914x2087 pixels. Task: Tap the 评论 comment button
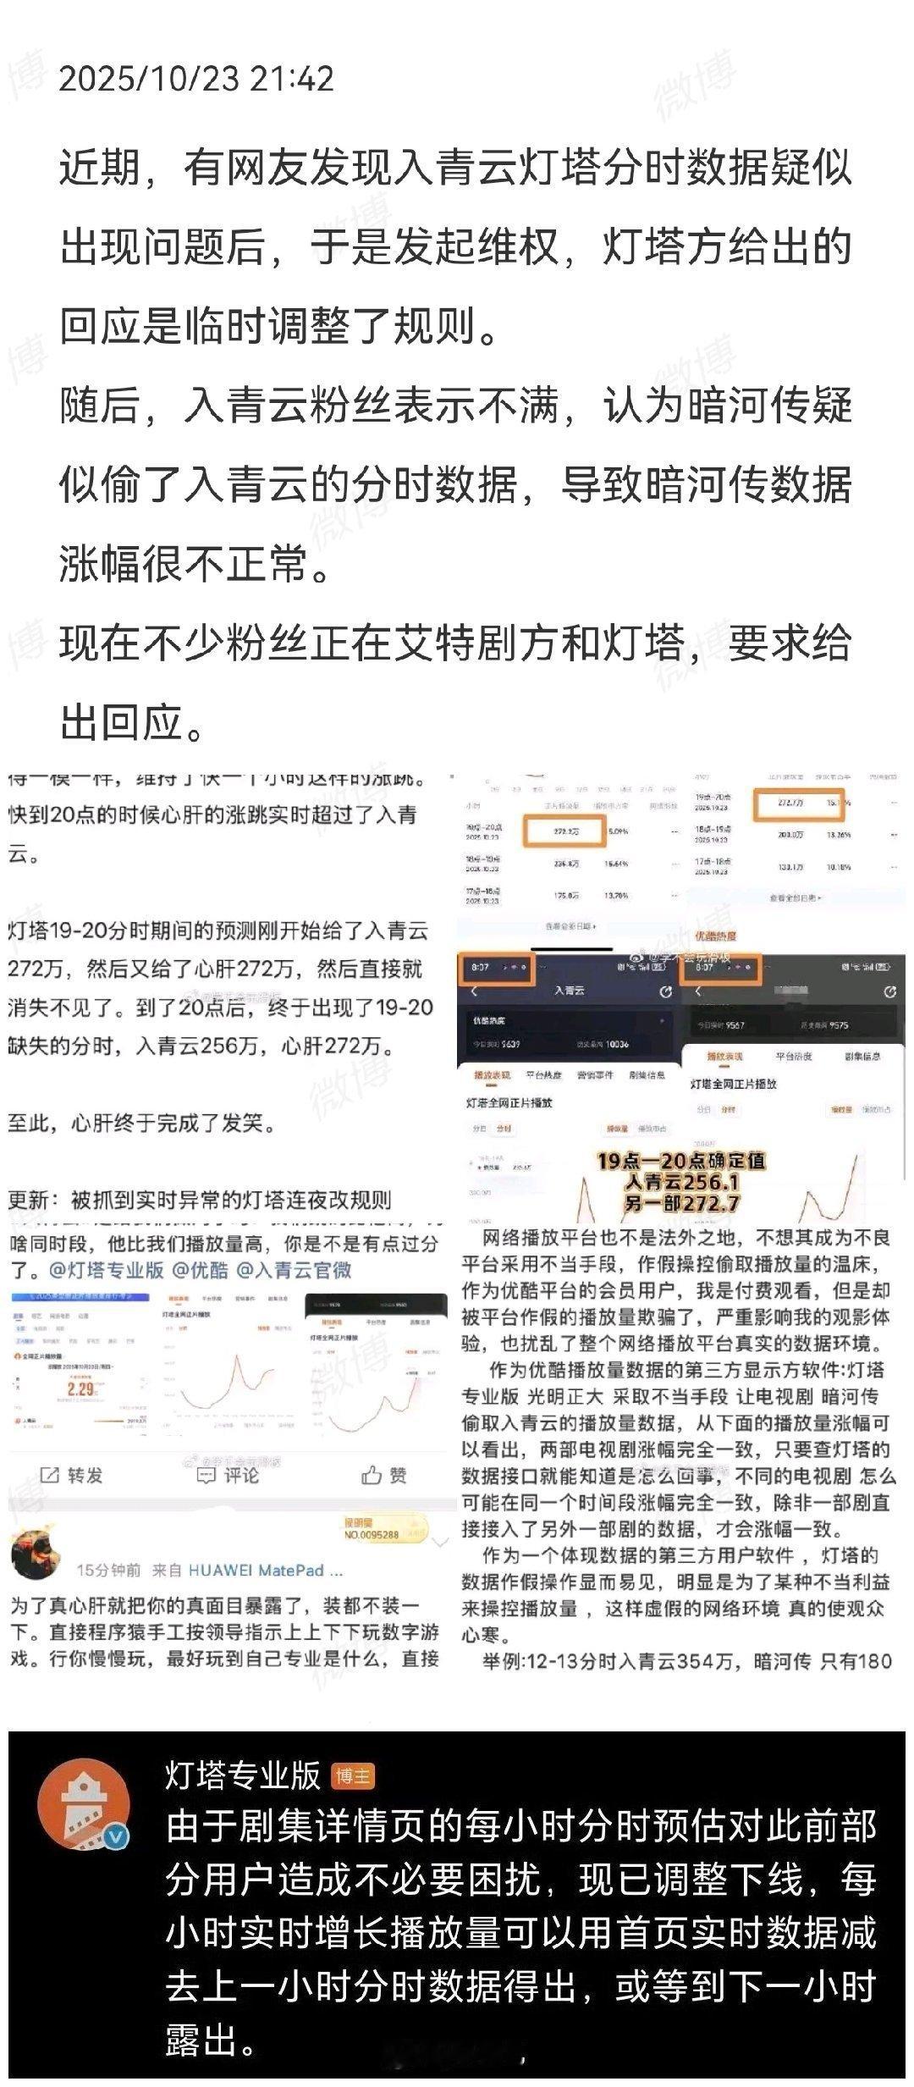click(228, 1476)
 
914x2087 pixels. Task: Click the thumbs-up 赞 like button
click(384, 1476)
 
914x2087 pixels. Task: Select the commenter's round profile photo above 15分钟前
click(34, 1554)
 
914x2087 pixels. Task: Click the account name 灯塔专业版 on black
click(243, 1775)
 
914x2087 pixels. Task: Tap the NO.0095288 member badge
click(372, 1534)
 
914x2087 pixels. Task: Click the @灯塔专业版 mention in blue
click(106, 1270)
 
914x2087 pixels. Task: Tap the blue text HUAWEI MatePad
click(265, 1570)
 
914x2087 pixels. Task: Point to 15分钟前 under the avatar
click(108, 1570)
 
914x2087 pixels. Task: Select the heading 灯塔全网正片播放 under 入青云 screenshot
click(509, 1102)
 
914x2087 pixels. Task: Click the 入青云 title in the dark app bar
click(569, 990)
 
